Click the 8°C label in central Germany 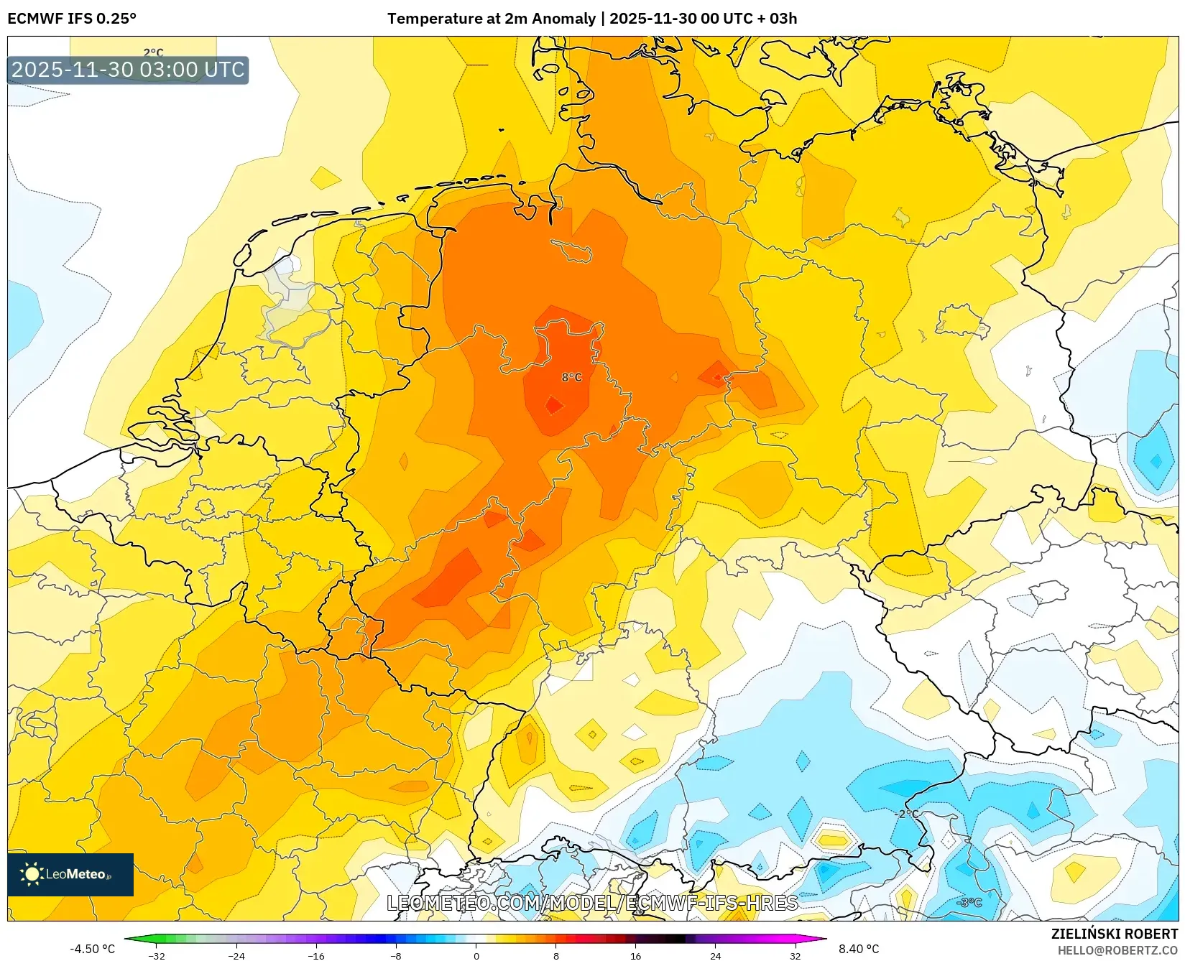click(571, 377)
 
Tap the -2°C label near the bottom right click(908, 814)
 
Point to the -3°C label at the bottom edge click(969, 902)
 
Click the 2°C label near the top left click(153, 52)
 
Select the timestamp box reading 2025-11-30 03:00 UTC click(128, 70)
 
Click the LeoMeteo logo click(70, 874)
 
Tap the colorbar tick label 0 click(476, 956)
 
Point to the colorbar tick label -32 click(156, 956)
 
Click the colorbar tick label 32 click(795, 956)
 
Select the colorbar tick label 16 click(635, 956)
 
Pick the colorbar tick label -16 click(315, 956)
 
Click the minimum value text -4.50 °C click(92, 949)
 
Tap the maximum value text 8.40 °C click(859, 949)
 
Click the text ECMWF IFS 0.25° click(72, 19)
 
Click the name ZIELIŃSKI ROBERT click(1115, 934)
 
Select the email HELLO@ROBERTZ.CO click(1117, 950)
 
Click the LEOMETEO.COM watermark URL click(592, 903)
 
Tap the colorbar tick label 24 click(715, 956)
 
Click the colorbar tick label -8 click(395, 956)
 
